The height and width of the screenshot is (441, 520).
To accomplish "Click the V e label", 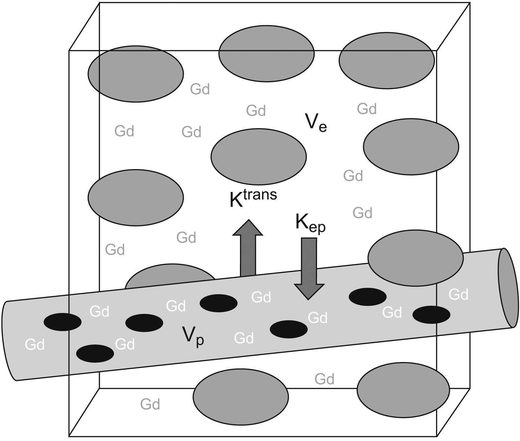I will coord(315,123).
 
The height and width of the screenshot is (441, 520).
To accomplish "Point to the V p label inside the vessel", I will coord(193,336).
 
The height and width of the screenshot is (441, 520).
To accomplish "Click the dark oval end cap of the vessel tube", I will coord(506,288).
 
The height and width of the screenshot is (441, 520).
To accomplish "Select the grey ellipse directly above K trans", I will coord(258,156).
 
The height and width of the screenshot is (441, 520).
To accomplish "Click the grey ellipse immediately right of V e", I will coord(411,146).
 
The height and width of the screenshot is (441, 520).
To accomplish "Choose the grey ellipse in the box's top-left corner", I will coord(136,74).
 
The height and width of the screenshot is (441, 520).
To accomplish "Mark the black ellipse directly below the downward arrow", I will coord(289,329).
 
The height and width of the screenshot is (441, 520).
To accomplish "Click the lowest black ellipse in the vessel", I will coord(95,353).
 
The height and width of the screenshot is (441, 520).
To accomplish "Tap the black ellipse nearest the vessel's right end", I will coord(431,315).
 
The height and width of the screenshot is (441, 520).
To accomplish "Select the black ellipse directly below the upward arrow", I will coord(219,303).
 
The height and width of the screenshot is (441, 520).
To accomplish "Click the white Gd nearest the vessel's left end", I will coord(34,345).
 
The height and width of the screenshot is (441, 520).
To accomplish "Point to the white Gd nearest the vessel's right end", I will coord(458,295).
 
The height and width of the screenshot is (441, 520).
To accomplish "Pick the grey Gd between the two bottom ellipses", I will coord(324,379).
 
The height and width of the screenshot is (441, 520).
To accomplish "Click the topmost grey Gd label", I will coord(200,89).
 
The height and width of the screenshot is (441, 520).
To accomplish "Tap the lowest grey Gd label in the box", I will coord(150,404).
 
